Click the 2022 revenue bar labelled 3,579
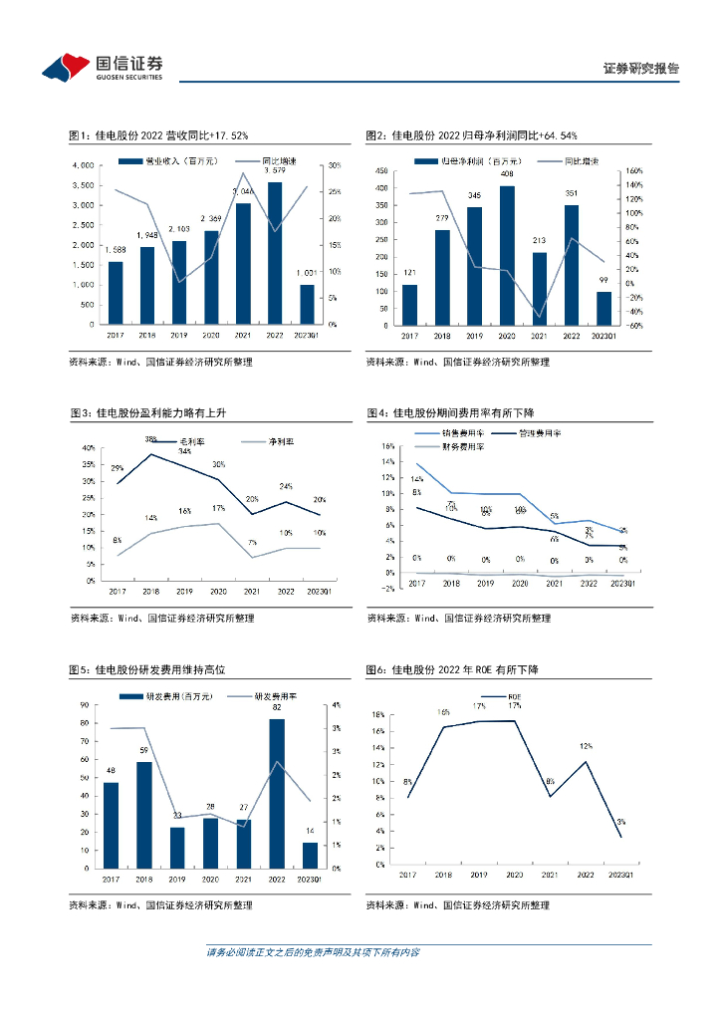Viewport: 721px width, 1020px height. [275, 253]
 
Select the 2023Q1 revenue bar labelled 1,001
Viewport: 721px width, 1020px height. [307, 305]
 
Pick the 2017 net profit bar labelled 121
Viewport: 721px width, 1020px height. [409, 305]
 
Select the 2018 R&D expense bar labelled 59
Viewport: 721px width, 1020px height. [144, 815]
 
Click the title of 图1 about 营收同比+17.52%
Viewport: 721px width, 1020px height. [157, 135]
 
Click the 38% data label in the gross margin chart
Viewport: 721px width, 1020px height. [151, 439]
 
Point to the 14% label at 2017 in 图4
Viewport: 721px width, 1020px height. [416, 480]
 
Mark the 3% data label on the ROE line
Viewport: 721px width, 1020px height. [620, 822]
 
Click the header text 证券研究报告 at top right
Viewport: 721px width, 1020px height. [641, 69]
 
